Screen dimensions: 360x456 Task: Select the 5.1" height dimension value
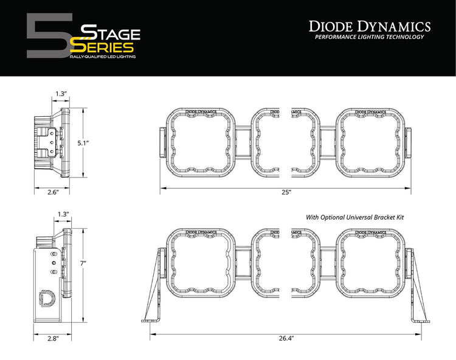click(x=84, y=142)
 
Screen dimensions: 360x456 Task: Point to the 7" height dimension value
click(x=84, y=263)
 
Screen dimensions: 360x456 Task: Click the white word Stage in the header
click(x=111, y=32)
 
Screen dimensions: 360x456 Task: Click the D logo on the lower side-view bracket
click(x=46, y=299)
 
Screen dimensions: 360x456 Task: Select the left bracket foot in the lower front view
click(x=151, y=319)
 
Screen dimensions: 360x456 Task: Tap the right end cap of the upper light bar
click(x=409, y=143)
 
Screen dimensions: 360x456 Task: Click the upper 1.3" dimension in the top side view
click(x=60, y=94)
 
